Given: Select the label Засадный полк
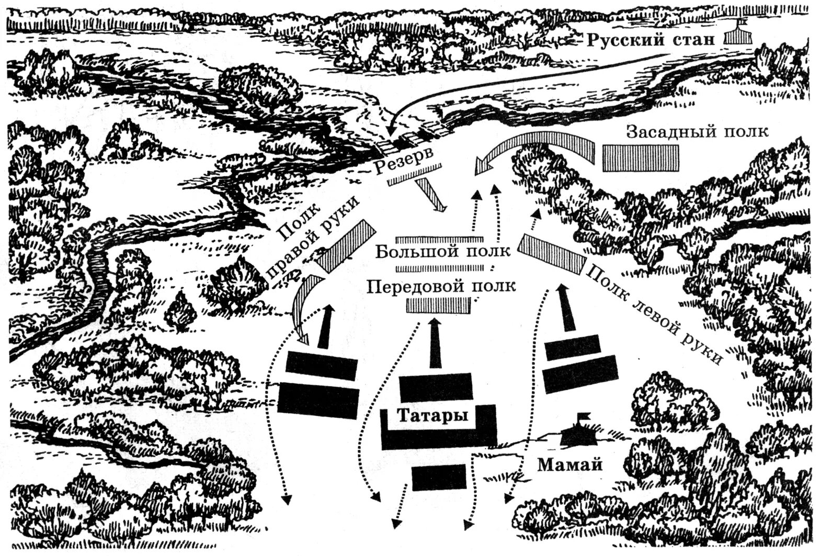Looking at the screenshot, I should pos(697,131).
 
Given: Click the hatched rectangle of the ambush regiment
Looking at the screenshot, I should pos(641,158).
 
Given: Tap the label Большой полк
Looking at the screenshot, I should pos(442,252).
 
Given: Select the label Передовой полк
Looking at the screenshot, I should pos(441,286).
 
